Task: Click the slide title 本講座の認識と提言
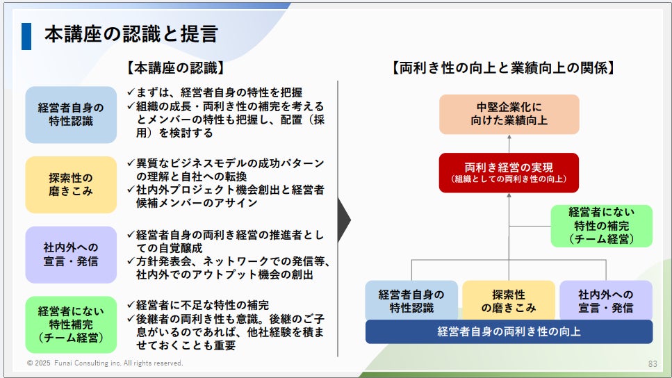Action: pyautogui.click(x=131, y=34)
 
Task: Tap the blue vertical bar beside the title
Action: pyautogui.click(x=26, y=35)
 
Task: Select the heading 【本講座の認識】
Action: pyautogui.click(x=175, y=68)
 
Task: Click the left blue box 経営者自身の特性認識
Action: pyautogui.click(x=71, y=115)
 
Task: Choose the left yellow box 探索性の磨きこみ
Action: pyautogui.click(x=71, y=184)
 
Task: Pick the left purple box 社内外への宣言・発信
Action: pyautogui.click(x=71, y=254)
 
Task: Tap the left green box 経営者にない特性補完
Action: pyautogui.click(x=71, y=324)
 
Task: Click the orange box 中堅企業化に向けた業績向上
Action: pyautogui.click(x=509, y=115)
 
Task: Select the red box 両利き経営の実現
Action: pyautogui.click(x=509, y=172)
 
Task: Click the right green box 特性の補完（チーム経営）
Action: pyautogui.click(x=601, y=226)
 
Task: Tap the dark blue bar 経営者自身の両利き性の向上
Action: pyautogui.click(x=509, y=331)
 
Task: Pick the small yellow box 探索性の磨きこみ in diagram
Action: pyautogui.click(x=509, y=300)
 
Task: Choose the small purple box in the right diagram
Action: pyautogui.click(x=605, y=300)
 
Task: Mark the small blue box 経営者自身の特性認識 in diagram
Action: pyautogui.click(x=412, y=300)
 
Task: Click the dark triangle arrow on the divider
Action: pyautogui.click(x=343, y=220)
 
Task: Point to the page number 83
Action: pyautogui.click(x=653, y=363)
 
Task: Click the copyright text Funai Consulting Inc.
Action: pyautogui.click(x=105, y=363)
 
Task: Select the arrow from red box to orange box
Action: pyautogui.click(x=509, y=143)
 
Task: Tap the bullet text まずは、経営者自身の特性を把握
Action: pyautogui.click(x=220, y=92)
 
